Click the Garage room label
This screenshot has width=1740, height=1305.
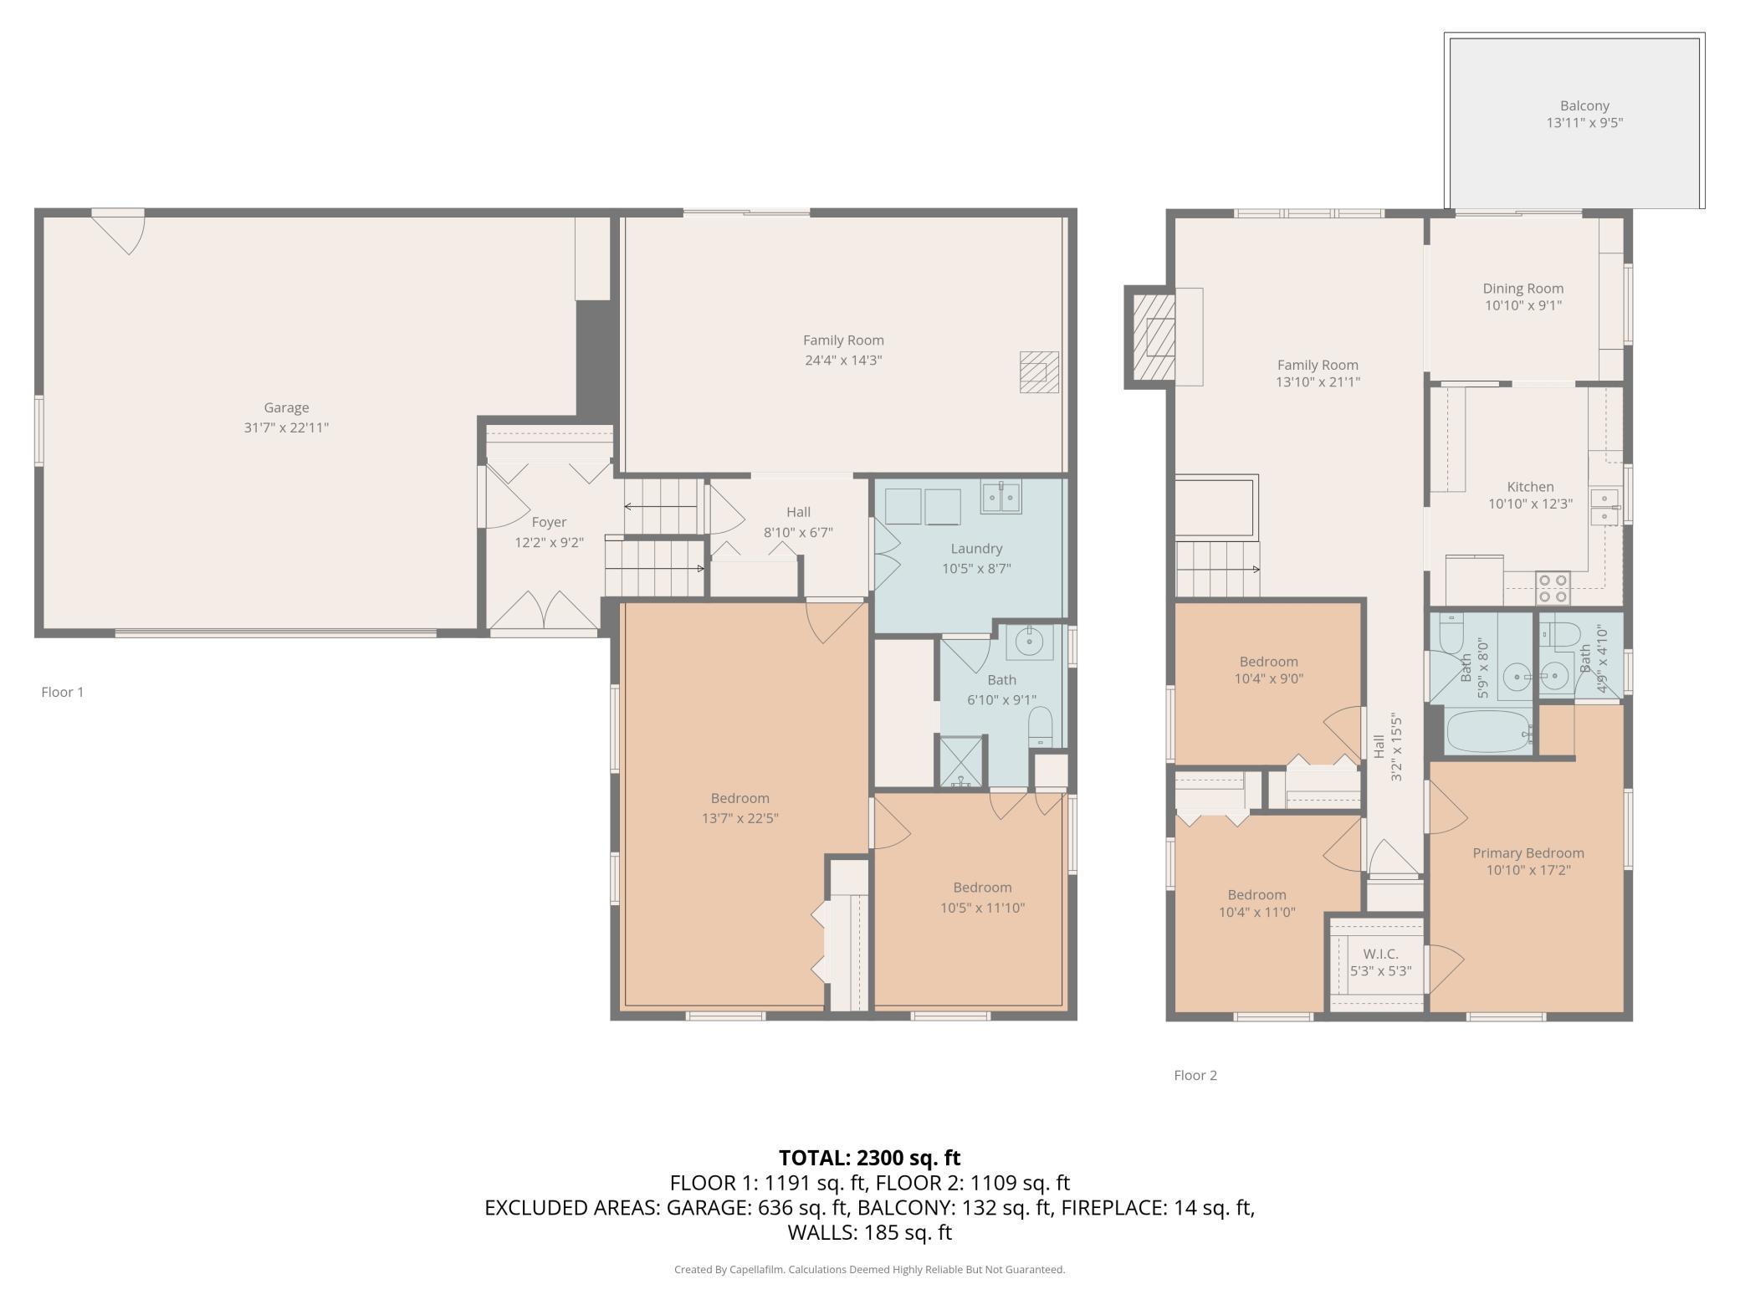click(286, 407)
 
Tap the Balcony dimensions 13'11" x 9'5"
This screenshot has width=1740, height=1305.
click(1584, 122)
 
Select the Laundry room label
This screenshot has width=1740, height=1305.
click(976, 549)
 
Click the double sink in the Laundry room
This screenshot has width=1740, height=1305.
click(1000, 497)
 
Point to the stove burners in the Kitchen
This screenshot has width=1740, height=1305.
click(1553, 588)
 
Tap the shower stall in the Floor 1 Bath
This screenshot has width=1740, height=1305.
click(963, 761)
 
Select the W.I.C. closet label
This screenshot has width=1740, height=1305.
click(1380, 954)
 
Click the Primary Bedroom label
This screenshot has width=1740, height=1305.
click(1528, 853)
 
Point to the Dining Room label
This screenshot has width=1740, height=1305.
click(1523, 289)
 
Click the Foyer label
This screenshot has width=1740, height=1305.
click(549, 522)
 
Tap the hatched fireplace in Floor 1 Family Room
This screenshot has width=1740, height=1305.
click(1039, 372)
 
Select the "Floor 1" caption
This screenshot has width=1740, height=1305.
click(63, 692)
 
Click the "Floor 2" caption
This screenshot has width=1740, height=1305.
click(1195, 1075)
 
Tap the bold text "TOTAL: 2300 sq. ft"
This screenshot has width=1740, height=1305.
click(869, 1158)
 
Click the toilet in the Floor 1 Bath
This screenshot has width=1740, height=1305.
click(1040, 726)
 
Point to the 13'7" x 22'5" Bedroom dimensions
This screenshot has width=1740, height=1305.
click(740, 818)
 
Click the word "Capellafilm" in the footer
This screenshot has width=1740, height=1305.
click(757, 1269)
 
